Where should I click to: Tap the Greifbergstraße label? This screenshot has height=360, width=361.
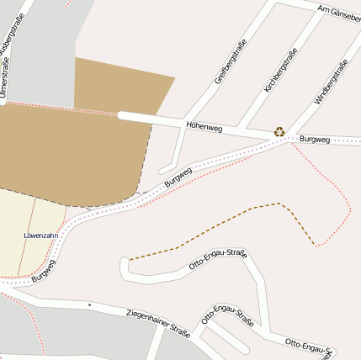click(231, 62)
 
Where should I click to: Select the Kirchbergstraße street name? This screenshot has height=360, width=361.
click(280, 70)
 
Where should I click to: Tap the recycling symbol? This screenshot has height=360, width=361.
click(279, 131)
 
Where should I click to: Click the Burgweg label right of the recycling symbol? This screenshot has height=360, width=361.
click(314, 139)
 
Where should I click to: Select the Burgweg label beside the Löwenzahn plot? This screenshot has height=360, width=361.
click(44, 270)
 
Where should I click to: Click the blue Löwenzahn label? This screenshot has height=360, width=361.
click(40, 236)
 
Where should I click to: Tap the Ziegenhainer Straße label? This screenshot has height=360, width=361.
click(157, 322)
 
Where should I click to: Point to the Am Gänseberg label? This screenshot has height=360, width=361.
click(338, 13)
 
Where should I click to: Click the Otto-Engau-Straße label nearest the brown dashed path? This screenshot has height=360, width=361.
click(217, 259)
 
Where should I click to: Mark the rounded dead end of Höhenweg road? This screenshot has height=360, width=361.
click(122, 115)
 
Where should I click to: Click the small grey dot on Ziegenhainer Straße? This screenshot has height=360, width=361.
click(88, 304)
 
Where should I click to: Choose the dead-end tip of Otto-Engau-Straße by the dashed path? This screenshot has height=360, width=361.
click(125, 265)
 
